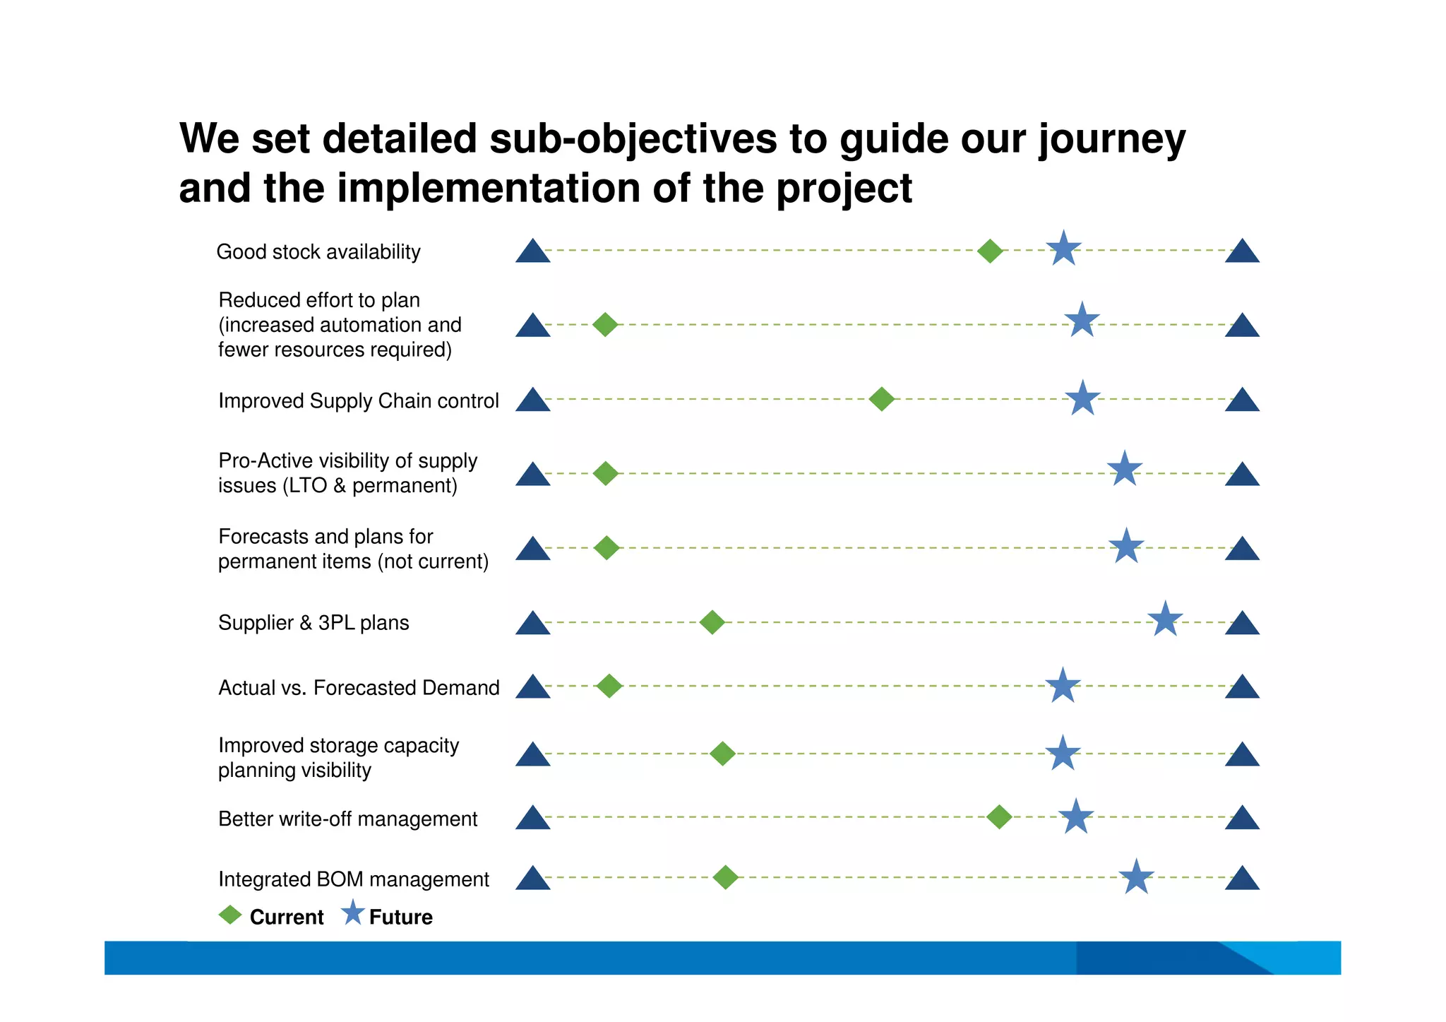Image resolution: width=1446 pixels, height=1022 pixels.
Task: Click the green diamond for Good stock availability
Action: tap(990, 251)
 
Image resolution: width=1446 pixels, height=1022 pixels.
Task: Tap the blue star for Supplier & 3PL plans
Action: tap(1165, 619)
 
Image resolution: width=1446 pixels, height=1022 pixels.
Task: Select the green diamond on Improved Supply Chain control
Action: tap(881, 399)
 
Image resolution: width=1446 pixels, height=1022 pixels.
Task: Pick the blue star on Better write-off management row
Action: tap(1076, 817)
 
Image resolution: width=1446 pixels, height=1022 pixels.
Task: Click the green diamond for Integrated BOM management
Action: tap(725, 877)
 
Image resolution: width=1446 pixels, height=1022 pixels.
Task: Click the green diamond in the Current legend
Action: tap(230, 915)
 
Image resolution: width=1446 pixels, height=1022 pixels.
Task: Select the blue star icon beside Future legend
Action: tap(352, 913)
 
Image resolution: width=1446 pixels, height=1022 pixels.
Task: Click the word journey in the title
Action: tap(1111, 140)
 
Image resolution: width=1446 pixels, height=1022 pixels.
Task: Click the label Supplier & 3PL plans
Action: tap(313, 623)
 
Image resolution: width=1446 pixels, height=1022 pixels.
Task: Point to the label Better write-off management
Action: tap(347, 819)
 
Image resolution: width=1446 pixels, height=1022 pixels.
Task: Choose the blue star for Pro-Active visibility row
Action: tap(1124, 470)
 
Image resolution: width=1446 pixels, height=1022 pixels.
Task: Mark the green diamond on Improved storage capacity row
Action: tap(722, 754)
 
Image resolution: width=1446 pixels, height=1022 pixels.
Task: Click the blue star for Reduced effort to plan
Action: tap(1082, 321)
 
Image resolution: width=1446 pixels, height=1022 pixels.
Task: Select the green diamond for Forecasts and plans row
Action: tap(607, 547)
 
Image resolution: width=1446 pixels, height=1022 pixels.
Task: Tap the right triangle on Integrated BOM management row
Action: tap(1242, 879)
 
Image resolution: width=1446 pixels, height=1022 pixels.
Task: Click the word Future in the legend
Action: tap(400, 917)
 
